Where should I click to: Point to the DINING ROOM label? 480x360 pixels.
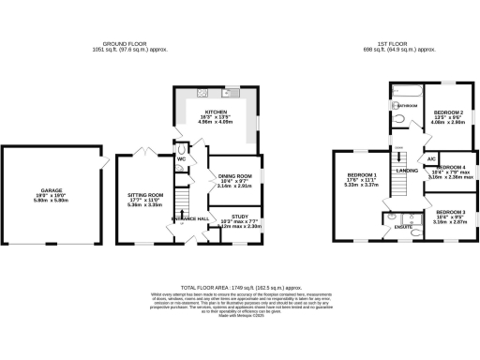coord(234,175)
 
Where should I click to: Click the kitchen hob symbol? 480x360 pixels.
coord(202,92)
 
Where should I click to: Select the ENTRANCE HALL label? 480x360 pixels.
coord(187,217)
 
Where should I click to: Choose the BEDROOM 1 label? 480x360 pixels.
coord(361,175)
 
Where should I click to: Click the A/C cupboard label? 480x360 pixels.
coord(432,160)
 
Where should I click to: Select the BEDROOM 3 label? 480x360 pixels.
coord(450,213)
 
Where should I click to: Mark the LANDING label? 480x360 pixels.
coord(407,171)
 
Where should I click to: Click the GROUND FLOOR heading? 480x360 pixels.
coord(129,42)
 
